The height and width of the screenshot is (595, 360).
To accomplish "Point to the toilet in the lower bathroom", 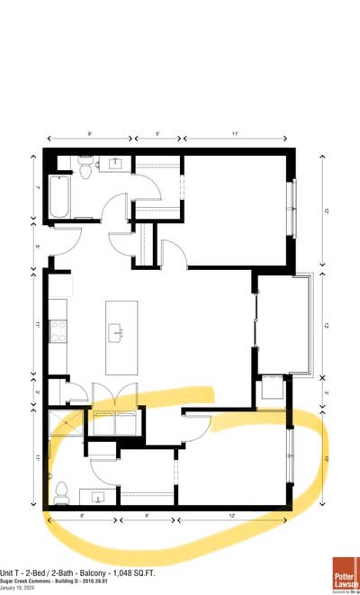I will tap(62, 491).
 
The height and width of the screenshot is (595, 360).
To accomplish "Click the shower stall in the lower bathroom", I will tap(66, 426).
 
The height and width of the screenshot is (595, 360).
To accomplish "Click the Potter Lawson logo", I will tap(345, 572).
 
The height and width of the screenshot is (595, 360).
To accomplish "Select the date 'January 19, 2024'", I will tap(21, 588).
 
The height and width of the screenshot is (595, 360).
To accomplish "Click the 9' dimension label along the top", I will tap(90, 134).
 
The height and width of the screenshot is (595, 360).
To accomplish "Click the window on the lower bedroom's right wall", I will tap(290, 456).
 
